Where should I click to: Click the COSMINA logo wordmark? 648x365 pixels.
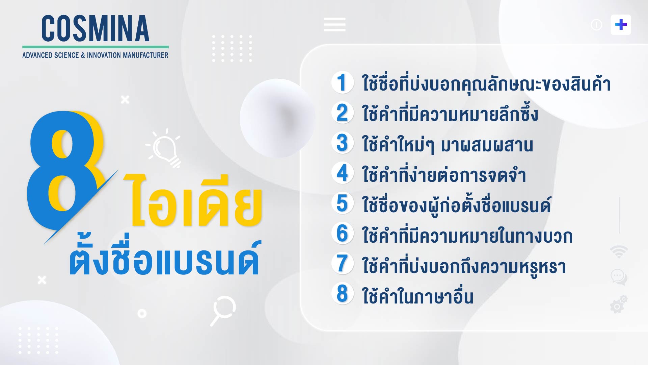click(x=95, y=28)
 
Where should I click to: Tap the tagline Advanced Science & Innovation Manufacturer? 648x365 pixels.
click(x=95, y=55)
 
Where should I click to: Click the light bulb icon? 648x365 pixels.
click(x=164, y=148)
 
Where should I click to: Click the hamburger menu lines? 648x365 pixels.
click(x=334, y=24)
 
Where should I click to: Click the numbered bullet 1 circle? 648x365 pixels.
click(x=342, y=82)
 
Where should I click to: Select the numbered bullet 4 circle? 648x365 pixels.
click(x=342, y=173)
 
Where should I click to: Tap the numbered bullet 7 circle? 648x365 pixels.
click(x=342, y=264)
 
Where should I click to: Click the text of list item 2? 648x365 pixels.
click(x=450, y=113)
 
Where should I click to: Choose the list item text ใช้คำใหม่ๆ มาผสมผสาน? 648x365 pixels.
click(x=448, y=145)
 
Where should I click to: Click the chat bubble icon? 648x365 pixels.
click(x=619, y=277)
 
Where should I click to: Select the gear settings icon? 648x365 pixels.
click(x=618, y=304)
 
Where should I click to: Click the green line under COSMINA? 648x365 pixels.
click(x=96, y=47)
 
